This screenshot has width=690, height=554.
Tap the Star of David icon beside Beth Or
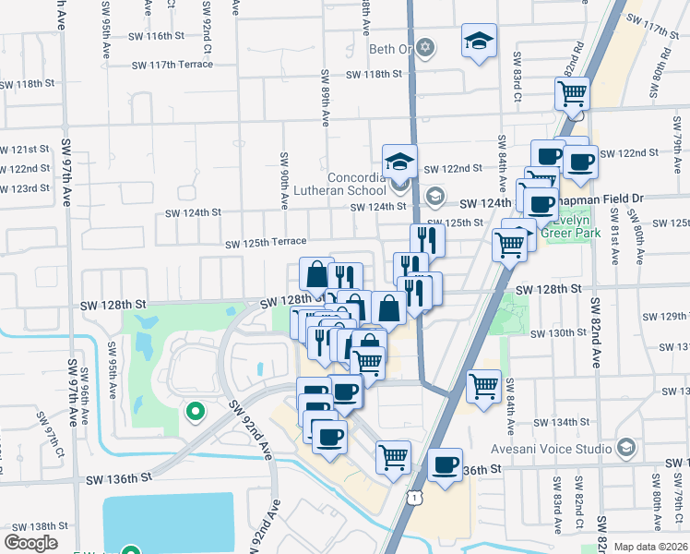pos(424,46)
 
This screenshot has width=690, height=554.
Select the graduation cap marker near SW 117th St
pos(479,43)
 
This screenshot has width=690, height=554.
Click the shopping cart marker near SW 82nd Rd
pos(572,94)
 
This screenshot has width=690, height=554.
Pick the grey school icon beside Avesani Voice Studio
pos(626,449)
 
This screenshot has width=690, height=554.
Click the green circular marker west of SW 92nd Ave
pos(195,411)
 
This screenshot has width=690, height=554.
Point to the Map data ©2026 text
pos(650,547)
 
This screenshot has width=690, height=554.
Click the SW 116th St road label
pos(151,36)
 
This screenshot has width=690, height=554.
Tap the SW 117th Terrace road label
pos(172,65)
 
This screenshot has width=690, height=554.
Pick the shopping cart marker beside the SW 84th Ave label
pos(483,387)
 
